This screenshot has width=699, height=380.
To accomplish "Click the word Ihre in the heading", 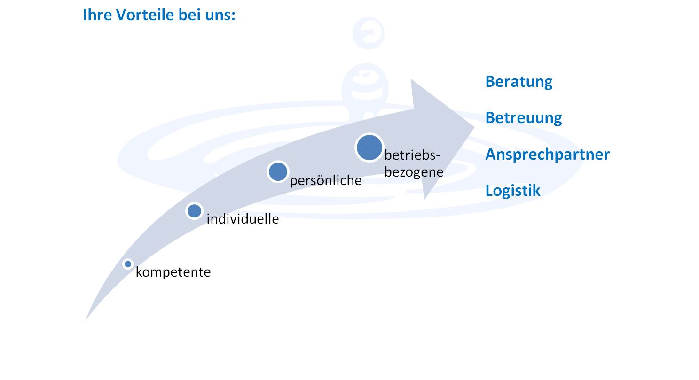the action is coord(97,15).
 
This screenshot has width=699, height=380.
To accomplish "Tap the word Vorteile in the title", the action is coord(145,15).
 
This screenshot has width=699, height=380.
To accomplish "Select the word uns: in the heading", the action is coord(220,16).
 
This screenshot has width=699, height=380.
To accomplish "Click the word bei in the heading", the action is coord(189,15).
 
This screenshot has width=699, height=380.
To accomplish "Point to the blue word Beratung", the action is coord(519,82).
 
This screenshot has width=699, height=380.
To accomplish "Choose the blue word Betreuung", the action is coord(524,118).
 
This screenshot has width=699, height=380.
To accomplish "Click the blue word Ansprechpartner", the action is coord(547,155).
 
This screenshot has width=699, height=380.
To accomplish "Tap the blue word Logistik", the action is coord(513,190).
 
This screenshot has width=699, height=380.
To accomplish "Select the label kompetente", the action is coord(173,272).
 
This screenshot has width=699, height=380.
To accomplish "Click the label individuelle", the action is coord(243,219).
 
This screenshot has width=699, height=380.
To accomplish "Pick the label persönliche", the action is coord(326,180).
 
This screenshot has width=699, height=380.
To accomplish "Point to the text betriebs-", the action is coord(412,155).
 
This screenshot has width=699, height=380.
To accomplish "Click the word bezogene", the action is coord(414,172).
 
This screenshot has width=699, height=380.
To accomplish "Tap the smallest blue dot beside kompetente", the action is coord(128,264).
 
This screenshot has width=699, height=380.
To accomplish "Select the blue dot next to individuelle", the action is coord(195,211).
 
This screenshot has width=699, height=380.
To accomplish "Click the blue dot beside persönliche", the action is coord(278,172).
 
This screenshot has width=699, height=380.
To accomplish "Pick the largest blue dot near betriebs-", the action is coord(369,148).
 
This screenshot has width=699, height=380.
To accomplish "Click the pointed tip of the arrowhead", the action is coord(474,127).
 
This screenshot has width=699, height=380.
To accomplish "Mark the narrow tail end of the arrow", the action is coord(86,320).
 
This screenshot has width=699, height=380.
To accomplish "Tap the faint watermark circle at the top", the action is coord(369,33).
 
